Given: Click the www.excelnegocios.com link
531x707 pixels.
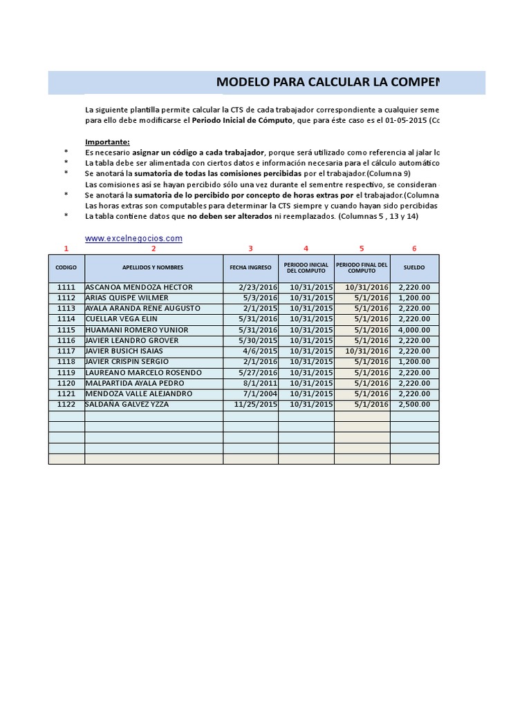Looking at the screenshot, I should [133, 238].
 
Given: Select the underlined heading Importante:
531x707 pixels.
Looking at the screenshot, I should [107, 142].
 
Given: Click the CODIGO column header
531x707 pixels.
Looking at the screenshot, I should [66, 267].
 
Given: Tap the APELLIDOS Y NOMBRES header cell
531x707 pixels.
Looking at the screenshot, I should [153, 267].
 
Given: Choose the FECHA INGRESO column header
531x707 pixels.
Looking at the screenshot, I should [250, 267].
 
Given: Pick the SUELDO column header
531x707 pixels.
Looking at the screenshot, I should [414, 267].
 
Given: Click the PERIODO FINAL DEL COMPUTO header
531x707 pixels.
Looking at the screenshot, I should [362, 267].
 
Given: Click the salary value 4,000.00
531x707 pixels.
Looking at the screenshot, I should [414, 330].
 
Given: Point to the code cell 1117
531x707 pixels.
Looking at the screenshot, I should [66, 351].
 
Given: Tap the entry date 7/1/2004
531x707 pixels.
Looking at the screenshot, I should [260, 394].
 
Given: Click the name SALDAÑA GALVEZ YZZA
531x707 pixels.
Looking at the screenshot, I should [127, 405].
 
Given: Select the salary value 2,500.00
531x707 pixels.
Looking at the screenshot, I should [414, 405].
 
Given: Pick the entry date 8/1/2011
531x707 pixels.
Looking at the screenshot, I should [260, 383].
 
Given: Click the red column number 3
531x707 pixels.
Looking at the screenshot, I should [250, 249].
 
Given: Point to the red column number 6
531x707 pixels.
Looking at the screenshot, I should [414, 249].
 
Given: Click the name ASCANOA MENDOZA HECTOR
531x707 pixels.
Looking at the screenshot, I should [138, 287].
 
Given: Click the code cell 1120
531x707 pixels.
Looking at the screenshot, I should [66, 383].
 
